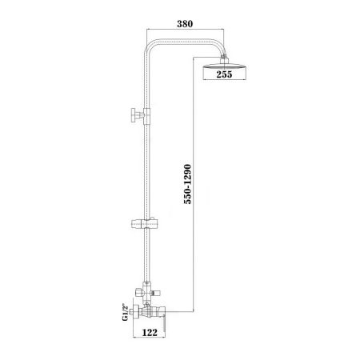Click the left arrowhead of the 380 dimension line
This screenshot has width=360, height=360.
point(146,34)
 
